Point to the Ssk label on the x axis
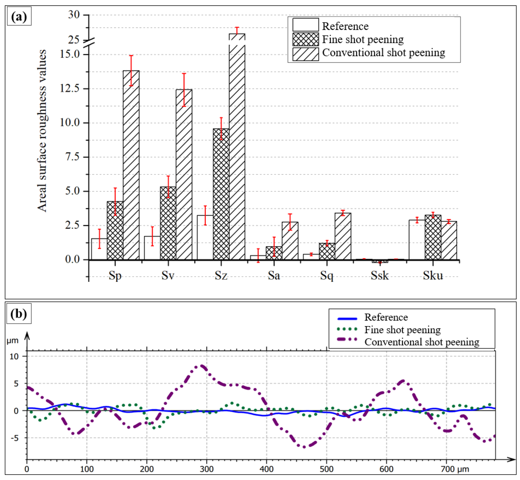[x=380, y=276]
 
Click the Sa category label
[x=274, y=276]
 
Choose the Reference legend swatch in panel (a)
[x=305, y=25]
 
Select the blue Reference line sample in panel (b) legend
[x=347, y=319]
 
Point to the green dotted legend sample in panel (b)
[x=347, y=329]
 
